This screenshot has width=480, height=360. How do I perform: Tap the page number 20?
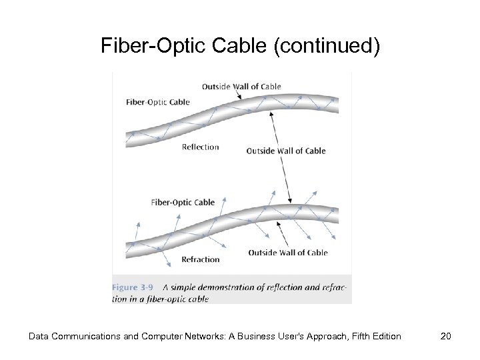[446, 336]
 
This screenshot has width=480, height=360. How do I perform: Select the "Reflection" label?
[200, 147]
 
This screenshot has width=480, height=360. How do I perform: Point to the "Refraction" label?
[200, 259]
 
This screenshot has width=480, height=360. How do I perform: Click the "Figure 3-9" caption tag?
[132, 287]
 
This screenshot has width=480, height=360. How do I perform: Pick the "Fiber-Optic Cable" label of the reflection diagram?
[158, 102]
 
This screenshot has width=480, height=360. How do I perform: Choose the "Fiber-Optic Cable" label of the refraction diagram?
[183, 202]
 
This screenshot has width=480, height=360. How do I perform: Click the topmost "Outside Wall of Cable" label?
[241, 86]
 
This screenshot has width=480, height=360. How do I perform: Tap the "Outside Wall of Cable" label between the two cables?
[286, 151]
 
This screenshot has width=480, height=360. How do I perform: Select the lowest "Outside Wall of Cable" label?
[288, 253]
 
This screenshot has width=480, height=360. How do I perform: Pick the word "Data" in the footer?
[39, 336]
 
